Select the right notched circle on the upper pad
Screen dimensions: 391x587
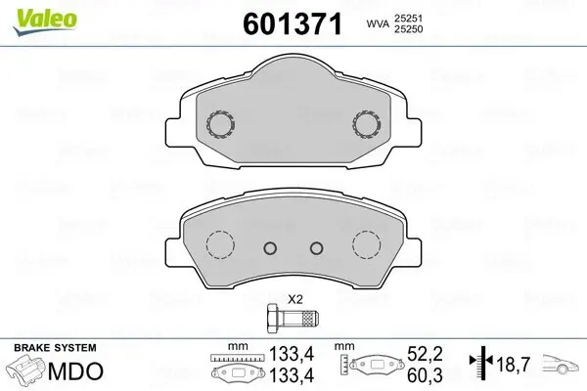367,123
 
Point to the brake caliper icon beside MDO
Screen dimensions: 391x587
27,372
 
